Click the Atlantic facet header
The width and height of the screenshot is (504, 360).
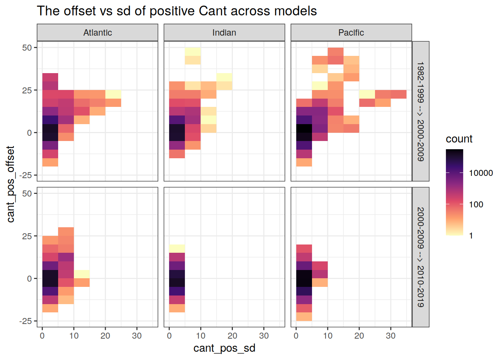[97, 33]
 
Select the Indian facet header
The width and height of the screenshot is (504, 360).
[224, 33]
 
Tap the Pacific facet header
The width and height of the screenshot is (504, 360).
[351, 33]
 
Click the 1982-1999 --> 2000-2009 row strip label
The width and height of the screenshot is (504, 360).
[421, 111]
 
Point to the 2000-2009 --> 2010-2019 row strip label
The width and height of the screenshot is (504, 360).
[421, 257]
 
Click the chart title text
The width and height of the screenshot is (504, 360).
[177, 11]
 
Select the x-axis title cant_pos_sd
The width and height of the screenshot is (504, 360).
[224, 348]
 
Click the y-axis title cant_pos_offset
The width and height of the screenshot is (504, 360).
[10, 184]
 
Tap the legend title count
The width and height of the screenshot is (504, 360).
[459, 139]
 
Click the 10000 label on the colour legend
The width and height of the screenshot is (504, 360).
[481, 173]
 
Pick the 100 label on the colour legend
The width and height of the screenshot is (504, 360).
[476, 204]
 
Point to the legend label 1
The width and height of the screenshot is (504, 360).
[471, 236]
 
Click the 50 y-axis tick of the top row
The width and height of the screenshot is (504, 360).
[27, 48]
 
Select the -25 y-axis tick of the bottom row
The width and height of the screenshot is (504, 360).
[25, 321]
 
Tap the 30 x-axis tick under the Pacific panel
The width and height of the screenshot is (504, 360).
[391, 336]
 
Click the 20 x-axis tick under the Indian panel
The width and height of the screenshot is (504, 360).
[232, 336]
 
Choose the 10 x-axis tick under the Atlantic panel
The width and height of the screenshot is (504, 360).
[74, 336]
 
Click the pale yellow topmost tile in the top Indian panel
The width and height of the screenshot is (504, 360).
[193, 52]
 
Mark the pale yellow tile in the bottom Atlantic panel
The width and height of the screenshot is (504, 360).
[82, 274]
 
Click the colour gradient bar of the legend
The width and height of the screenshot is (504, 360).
[454, 192]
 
